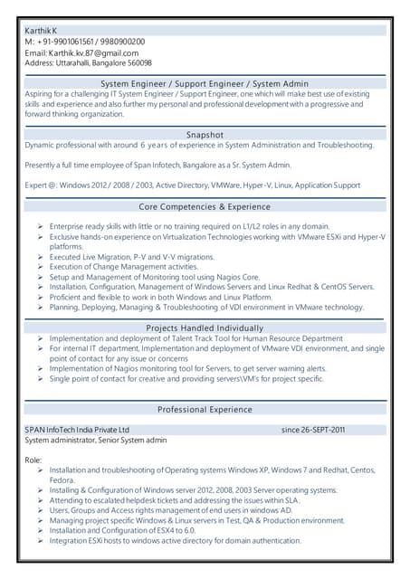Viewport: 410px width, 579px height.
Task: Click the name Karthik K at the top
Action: click(x=41, y=30)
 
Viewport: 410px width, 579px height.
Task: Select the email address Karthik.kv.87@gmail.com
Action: click(x=93, y=53)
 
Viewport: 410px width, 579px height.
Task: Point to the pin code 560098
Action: click(x=138, y=64)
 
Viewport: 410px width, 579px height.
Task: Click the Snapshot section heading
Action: click(x=205, y=134)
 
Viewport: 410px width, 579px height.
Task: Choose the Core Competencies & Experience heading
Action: click(x=205, y=207)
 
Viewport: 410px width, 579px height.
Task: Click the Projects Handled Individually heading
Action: click(x=205, y=327)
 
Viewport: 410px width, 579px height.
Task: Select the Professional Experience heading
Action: click(x=205, y=410)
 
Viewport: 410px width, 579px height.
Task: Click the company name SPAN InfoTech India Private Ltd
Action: click(x=77, y=430)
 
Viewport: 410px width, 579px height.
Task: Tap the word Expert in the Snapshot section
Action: click(x=36, y=185)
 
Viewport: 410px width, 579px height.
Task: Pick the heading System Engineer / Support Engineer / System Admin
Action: click(x=205, y=83)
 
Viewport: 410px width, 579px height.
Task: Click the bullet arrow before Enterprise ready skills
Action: click(x=41, y=226)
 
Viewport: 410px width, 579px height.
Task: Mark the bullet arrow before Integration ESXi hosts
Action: click(x=41, y=541)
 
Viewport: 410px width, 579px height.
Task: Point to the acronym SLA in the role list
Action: click(x=291, y=500)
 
